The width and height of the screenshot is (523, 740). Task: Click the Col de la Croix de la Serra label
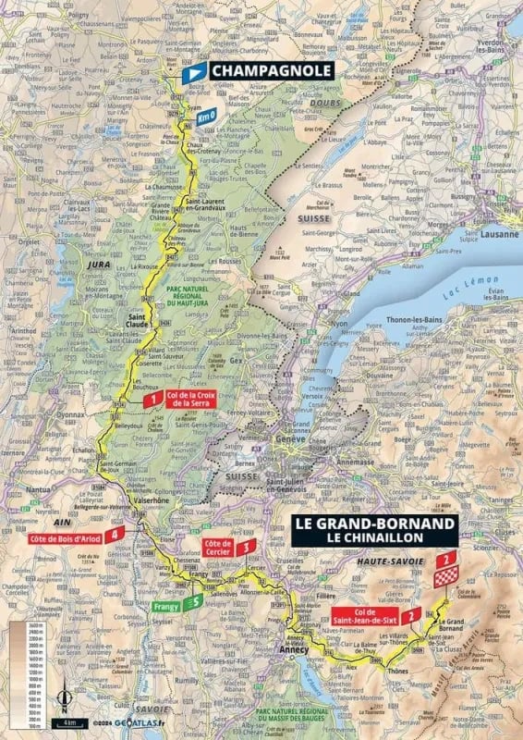pyautogui.click(x=189, y=399)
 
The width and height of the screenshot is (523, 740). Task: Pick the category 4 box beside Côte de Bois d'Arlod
pyautogui.click(x=115, y=534)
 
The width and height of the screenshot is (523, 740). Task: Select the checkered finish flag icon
pyautogui.click(x=446, y=578)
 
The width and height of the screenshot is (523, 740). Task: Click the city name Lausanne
pyautogui.click(x=486, y=235)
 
